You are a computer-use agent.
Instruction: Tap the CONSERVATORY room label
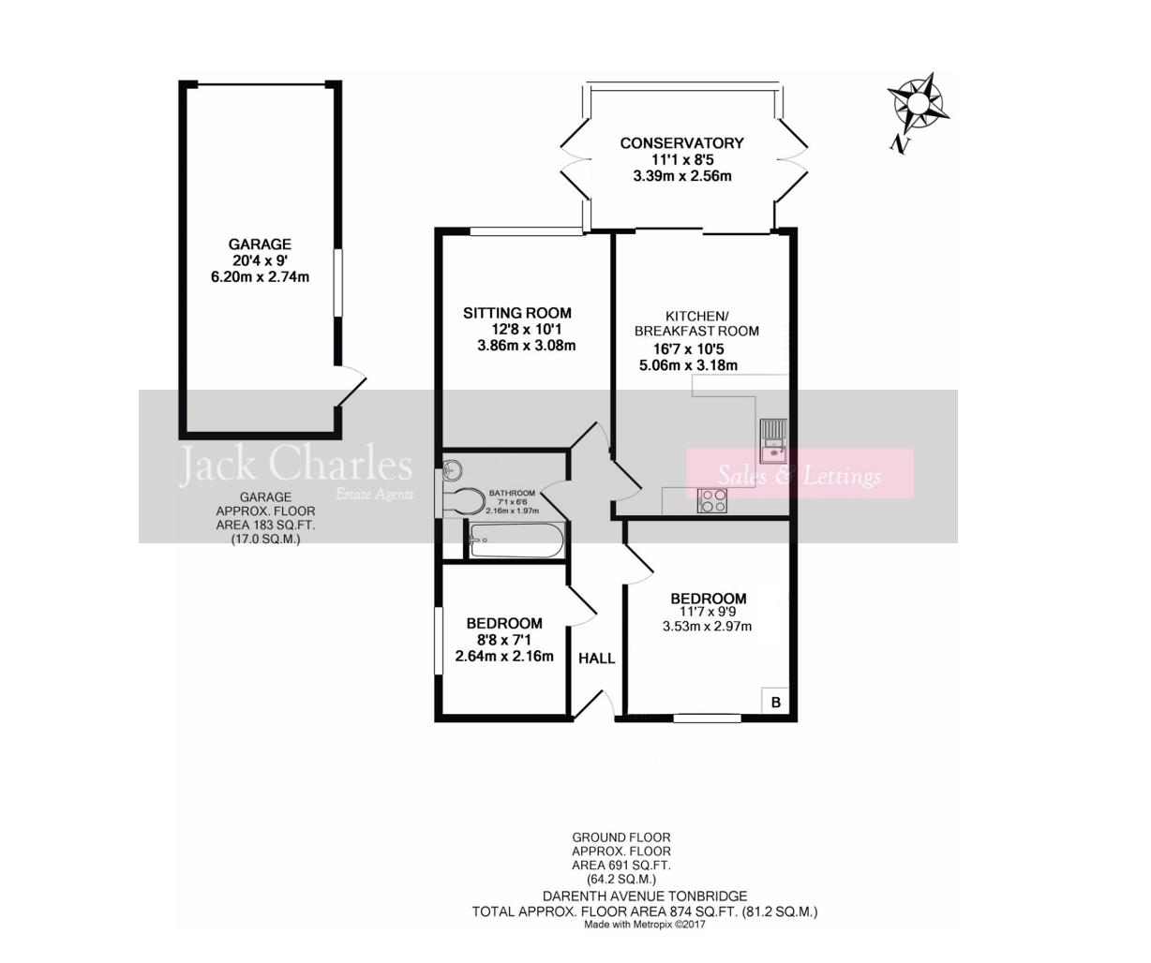[681, 143]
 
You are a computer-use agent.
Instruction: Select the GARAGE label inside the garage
[260, 244]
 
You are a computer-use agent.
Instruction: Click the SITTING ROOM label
[516, 313]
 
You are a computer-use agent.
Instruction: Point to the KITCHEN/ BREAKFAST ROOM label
[695, 323]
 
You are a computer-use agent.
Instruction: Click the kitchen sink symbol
[773, 440]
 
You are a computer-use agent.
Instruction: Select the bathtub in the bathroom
[517, 541]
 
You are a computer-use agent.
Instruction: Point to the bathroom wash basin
[453, 470]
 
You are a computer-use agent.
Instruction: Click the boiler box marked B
[775, 701]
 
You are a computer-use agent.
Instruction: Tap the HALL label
[596, 659]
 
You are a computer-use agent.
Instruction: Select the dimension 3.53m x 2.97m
[707, 627]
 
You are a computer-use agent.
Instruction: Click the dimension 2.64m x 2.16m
[503, 656]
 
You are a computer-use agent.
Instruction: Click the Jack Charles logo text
[295, 466]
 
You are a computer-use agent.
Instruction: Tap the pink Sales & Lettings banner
[800, 474]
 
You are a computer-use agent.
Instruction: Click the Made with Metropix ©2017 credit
[644, 925]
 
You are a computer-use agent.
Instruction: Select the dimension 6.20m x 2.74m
[260, 276]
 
